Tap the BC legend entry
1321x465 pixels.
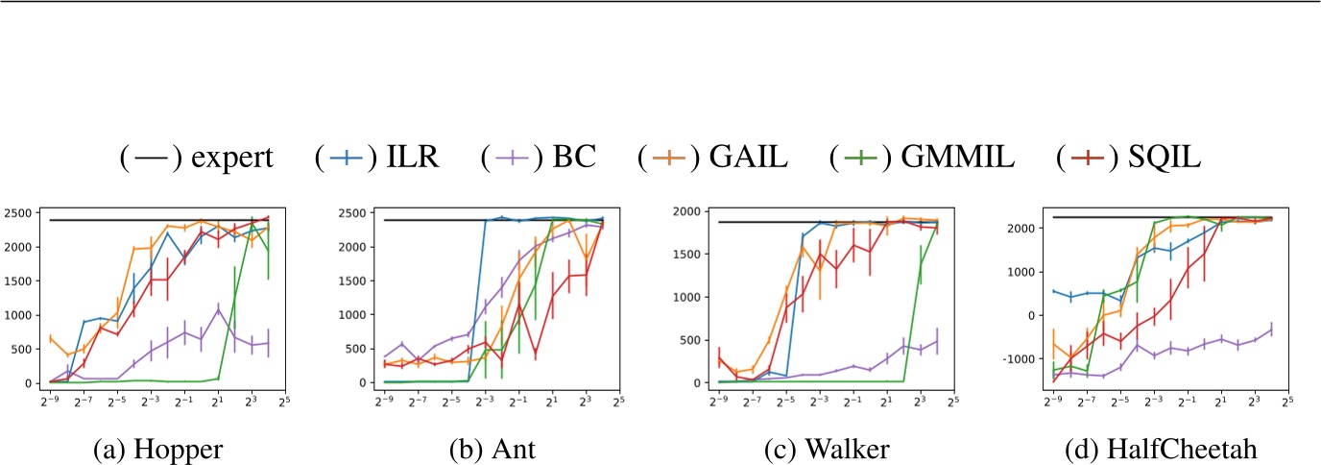coord(537,158)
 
